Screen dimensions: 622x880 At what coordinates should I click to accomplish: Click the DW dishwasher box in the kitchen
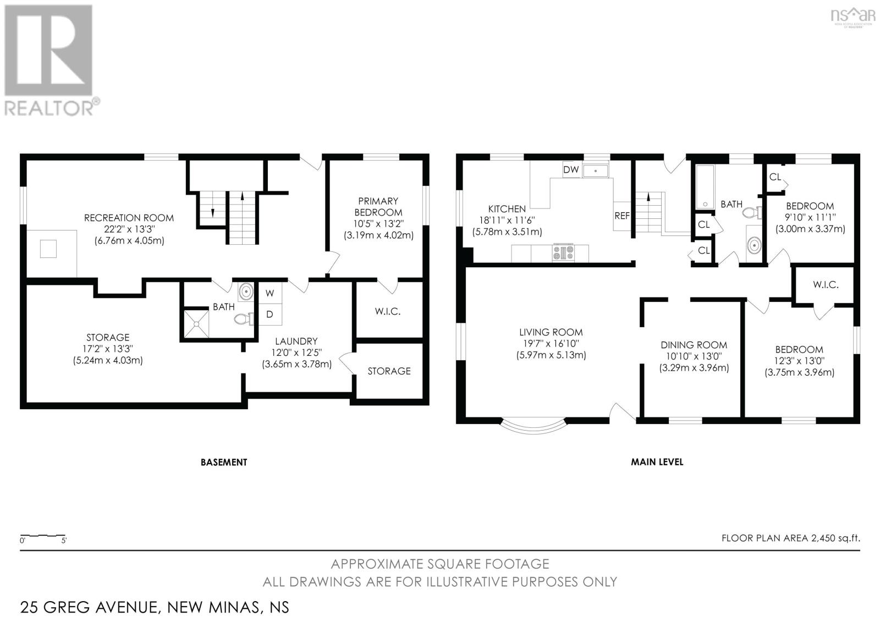(571, 169)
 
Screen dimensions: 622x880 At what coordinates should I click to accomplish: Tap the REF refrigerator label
(622, 216)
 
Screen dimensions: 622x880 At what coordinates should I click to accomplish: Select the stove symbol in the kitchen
(564, 252)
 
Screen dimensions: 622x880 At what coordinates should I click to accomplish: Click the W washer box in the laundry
(269, 293)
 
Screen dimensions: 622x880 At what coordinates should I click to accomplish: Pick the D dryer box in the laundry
(269, 315)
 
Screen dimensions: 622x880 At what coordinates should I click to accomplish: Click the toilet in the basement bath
(244, 318)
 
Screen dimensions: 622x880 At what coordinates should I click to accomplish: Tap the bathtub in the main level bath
(705, 187)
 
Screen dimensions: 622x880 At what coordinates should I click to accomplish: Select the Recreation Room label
(129, 218)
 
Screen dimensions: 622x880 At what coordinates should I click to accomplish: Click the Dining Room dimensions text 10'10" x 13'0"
(694, 356)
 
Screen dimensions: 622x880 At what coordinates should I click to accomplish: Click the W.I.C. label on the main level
(825, 284)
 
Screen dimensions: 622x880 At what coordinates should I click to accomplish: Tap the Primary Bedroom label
(378, 207)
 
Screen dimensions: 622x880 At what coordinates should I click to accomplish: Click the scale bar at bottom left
(43, 535)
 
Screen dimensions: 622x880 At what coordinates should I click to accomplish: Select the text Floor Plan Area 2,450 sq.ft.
(790, 538)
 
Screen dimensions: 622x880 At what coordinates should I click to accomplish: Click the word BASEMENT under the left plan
(224, 462)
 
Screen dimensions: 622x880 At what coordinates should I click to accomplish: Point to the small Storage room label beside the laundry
(389, 371)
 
